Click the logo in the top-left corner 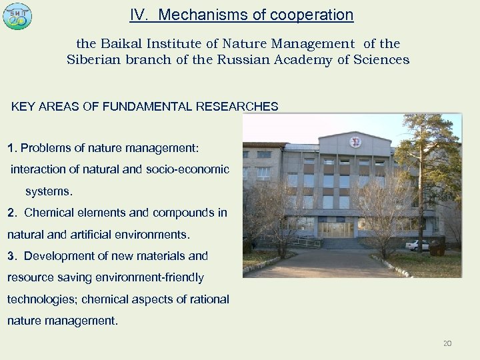click(x=17, y=16)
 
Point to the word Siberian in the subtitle click(x=93, y=59)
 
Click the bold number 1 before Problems click(x=10, y=146)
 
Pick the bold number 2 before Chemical click(x=10, y=213)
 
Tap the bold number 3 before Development click(x=10, y=255)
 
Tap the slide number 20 click(x=447, y=343)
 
